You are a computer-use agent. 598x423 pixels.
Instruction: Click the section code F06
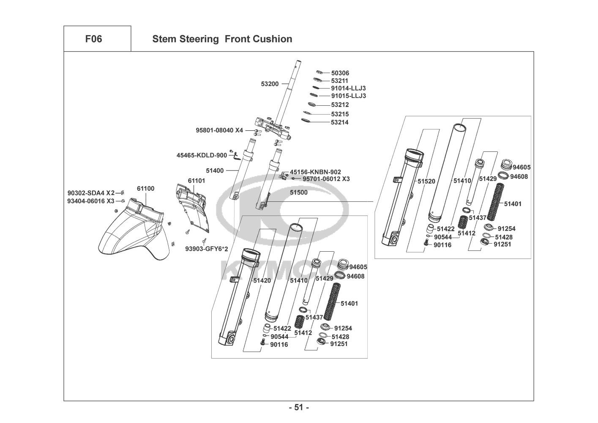tap(93, 39)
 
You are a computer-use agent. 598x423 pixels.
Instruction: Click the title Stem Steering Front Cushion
tap(222, 39)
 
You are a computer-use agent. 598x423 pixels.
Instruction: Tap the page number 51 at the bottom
tap(299, 408)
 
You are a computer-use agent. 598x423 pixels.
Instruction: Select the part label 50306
tap(340, 73)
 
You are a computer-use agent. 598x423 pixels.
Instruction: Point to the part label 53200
tap(270, 84)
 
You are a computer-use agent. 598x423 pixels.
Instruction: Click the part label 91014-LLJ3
tap(348, 88)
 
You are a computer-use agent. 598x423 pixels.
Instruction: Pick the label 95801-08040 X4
tap(219, 130)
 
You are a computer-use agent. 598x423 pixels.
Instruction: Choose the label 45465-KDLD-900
tap(202, 155)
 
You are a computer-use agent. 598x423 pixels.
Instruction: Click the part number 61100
tap(145, 189)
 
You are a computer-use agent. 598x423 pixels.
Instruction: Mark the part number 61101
tap(197, 181)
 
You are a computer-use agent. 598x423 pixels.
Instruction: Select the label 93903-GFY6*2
tap(207, 249)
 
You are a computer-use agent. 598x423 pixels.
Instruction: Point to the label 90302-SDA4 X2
tap(91, 193)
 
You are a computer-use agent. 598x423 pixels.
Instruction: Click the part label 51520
tap(426, 181)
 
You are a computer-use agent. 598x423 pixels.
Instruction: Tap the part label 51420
tap(262, 280)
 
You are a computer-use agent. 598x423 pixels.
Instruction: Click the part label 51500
tap(299, 192)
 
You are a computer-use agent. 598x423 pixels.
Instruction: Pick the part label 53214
tap(340, 122)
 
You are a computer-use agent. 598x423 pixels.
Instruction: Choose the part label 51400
tap(215, 170)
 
